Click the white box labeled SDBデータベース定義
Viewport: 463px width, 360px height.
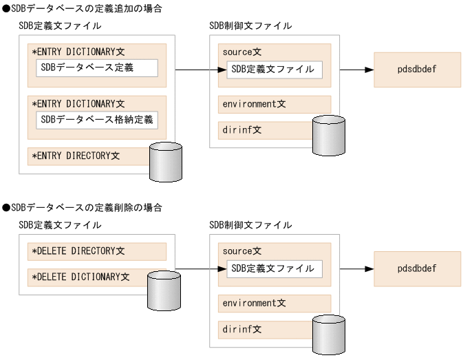point(96,68)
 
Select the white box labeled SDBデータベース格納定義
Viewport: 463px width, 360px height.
point(96,120)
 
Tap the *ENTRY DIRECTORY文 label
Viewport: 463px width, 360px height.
point(76,156)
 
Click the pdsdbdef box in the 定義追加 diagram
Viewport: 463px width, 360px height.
point(417,70)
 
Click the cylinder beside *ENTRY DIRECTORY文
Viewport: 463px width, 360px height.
point(165,162)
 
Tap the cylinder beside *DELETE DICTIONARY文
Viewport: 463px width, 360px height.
point(163,291)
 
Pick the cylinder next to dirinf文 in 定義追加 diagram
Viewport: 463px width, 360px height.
point(327,135)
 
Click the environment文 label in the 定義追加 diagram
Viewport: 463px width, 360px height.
point(254,104)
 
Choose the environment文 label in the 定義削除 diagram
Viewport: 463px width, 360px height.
point(254,304)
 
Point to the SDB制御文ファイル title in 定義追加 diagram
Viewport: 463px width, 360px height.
point(250,25)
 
